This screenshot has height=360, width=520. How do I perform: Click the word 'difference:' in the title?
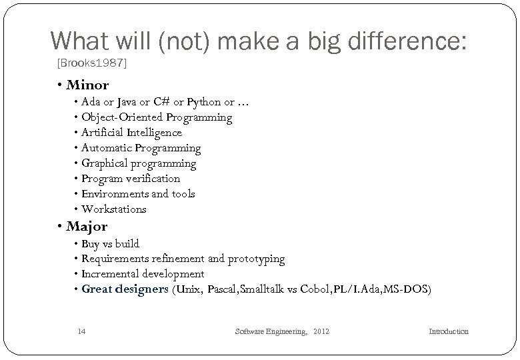coord(406,43)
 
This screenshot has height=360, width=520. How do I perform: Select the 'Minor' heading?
coord(87,85)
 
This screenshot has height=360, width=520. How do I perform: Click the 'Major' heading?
coord(87,227)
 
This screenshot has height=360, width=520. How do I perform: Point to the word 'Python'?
coord(204,102)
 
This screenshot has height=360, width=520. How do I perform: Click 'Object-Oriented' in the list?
coord(123,117)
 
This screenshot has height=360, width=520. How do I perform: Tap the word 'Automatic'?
coord(107,148)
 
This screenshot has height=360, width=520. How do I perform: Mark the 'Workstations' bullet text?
coord(113,209)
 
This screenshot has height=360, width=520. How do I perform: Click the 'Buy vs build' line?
coord(110,243)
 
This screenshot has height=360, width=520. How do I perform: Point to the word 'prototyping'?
coord(256,259)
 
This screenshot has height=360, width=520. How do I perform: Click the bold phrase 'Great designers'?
coord(125,289)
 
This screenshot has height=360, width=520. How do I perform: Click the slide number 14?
coord(81,331)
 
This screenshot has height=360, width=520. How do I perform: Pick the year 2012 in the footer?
coord(320,331)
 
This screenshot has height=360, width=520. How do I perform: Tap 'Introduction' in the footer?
coord(448,331)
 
